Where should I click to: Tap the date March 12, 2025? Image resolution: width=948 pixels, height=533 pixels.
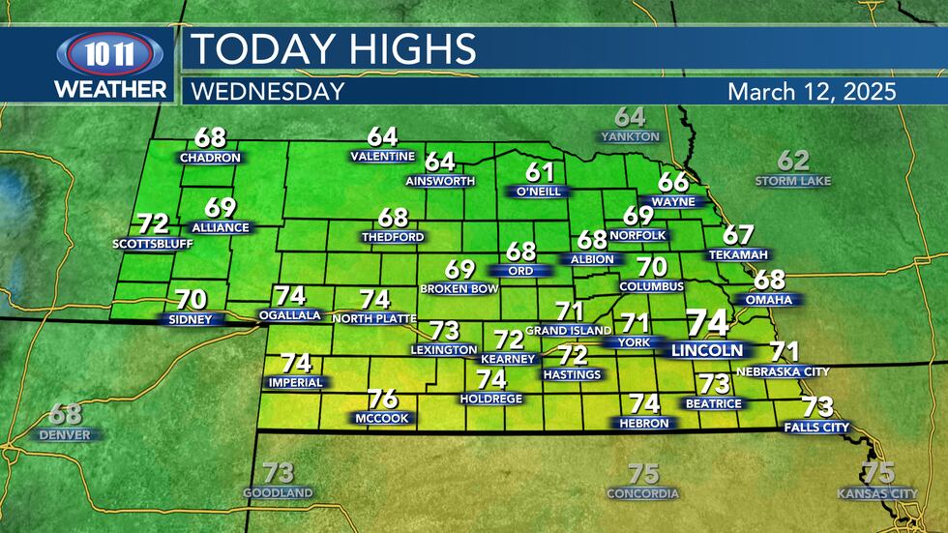point(812,92)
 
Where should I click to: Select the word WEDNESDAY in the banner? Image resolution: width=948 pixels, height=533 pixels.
point(268,92)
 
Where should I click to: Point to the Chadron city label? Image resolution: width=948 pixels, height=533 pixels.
point(210,158)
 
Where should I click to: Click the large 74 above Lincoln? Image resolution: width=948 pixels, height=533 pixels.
point(707,323)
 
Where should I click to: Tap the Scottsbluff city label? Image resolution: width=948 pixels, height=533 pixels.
point(153,244)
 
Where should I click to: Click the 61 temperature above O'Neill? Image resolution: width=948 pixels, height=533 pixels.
point(540,172)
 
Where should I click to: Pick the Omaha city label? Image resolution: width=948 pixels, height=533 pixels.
point(770,300)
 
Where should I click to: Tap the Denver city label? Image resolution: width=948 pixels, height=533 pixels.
point(65,435)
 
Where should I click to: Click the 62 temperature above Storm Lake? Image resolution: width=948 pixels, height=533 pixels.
point(793,161)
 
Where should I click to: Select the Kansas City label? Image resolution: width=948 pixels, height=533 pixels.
point(877,493)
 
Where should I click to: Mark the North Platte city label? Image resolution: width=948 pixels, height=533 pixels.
point(373,318)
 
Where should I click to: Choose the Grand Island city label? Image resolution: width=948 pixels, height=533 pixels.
point(569,331)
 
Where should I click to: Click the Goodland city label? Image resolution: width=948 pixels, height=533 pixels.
point(278,493)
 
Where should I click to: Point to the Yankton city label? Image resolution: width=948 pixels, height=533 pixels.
point(630,137)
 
